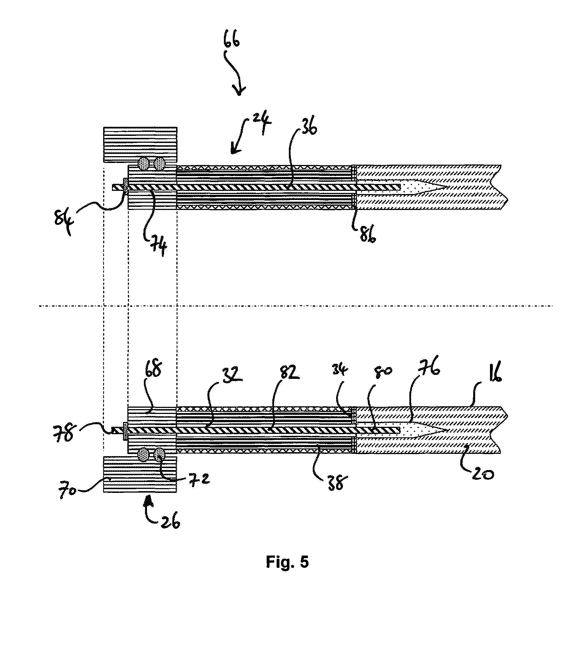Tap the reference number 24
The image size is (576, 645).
click(x=262, y=122)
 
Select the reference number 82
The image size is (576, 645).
click(x=289, y=373)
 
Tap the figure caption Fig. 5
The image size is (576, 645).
click(x=287, y=562)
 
